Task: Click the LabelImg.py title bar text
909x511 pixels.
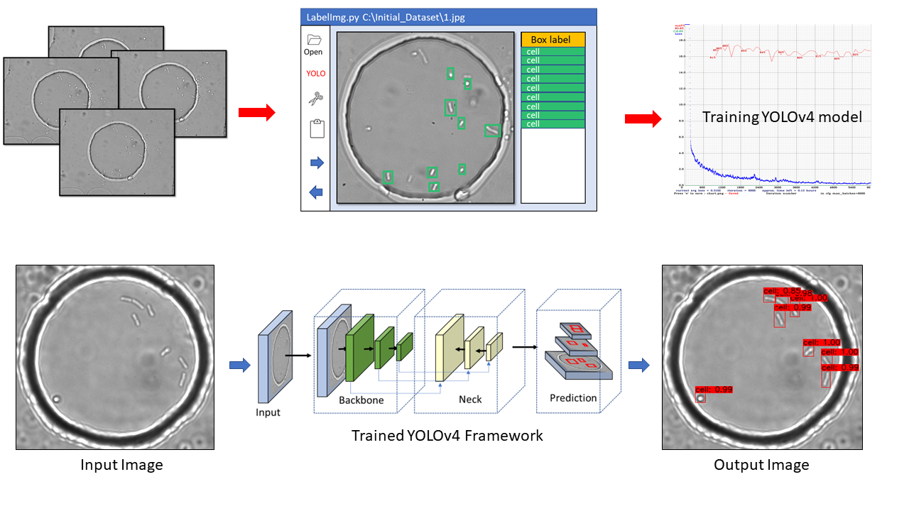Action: click(386, 17)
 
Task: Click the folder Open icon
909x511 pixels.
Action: click(313, 40)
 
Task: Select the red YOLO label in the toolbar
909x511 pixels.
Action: click(315, 73)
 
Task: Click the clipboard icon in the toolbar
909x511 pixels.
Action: click(317, 129)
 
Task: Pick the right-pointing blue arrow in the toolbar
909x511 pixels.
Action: click(317, 163)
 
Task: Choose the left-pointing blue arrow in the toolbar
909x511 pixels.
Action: click(317, 192)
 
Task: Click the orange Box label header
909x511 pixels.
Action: click(553, 40)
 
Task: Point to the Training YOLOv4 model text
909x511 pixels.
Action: click(782, 117)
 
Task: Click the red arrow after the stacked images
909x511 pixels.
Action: click(256, 113)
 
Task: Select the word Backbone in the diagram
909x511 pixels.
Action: click(361, 400)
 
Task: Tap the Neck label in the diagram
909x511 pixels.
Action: click(470, 400)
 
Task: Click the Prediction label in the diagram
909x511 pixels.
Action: click(573, 398)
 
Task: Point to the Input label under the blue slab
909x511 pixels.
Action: click(268, 412)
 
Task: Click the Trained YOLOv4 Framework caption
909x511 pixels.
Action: click(447, 436)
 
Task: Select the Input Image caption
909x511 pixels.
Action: click(121, 466)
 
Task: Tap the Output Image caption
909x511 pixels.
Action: click(761, 466)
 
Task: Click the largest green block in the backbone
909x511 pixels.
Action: click(359, 344)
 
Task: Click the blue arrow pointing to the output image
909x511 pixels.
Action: click(640, 366)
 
